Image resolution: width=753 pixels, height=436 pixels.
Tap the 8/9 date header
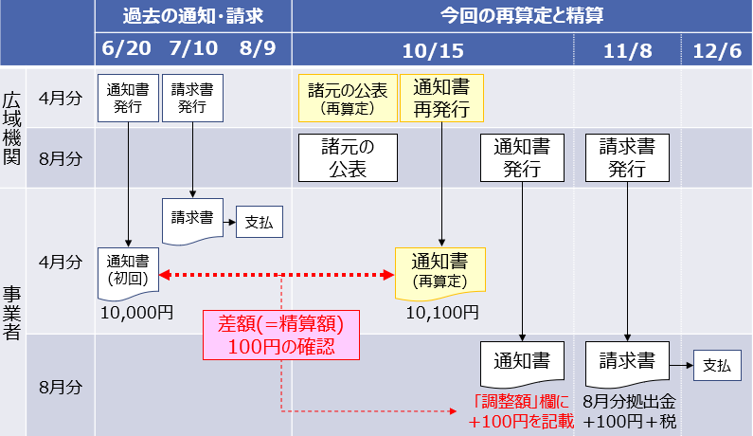tap(258, 47)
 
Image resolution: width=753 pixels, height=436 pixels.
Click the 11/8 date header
tap(628, 47)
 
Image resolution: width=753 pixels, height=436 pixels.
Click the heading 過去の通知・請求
tap(192, 15)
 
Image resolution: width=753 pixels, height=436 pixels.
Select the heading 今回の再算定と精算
tap(521, 15)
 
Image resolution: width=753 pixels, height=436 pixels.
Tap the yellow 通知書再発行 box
tap(441, 97)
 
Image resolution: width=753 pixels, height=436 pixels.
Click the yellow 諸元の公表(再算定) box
tap(347, 98)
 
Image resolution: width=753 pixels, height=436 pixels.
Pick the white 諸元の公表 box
tap(347, 157)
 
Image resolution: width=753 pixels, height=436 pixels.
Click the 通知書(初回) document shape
tap(129, 272)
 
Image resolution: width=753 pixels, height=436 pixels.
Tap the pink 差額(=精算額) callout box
tap(282, 336)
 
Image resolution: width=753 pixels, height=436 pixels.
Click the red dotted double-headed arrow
tap(277, 275)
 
